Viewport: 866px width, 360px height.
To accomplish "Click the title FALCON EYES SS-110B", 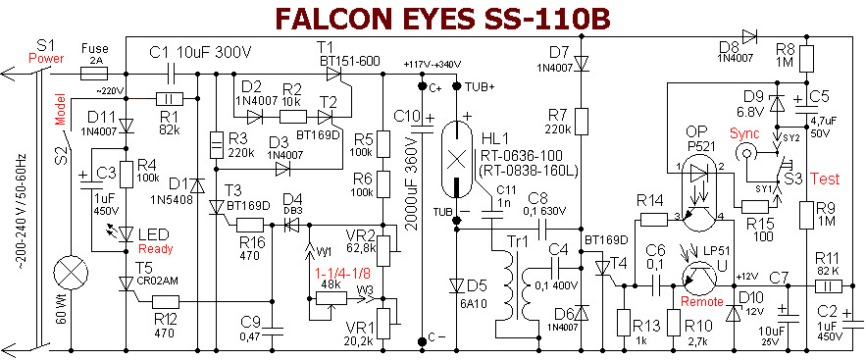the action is click(x=442, y=19).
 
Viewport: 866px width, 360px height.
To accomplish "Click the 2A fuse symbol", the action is click(x=94, y=73).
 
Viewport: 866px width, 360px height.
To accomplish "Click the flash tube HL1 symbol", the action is click(x=456, y=159).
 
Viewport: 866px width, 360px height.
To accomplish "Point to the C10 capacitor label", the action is click(x=407, y=117).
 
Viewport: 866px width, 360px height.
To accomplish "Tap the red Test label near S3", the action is click(x=825, y=179).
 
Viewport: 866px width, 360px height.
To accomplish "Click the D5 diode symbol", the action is click(x=456, y=285).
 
